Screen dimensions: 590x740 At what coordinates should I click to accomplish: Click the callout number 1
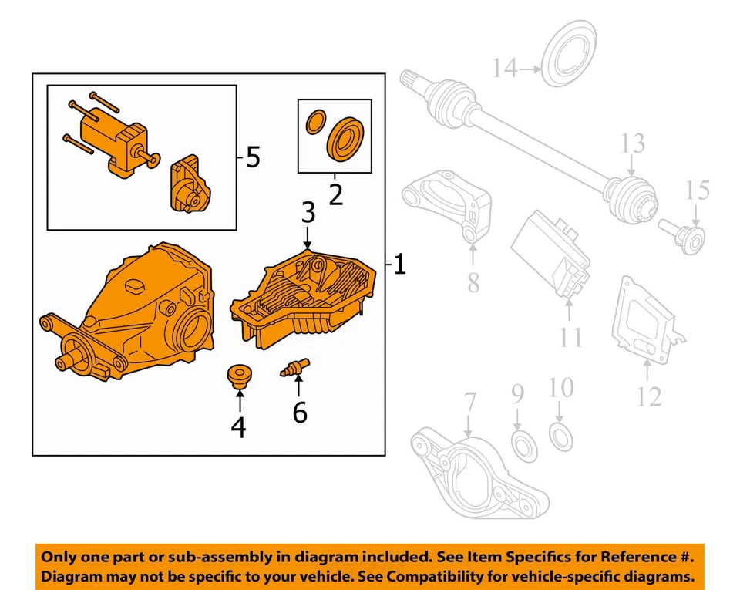pyautogui.click(x=399, y=266)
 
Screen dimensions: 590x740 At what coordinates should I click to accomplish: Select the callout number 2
pyautogui.click(x=335, y=194)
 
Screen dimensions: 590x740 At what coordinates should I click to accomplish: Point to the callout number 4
pyautogui.click(x=239, y=426)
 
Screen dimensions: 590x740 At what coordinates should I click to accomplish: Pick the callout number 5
pyautogui.click(x=253, y=159)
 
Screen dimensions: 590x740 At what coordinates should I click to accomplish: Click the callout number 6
pyautogui.click(x=300, y=413)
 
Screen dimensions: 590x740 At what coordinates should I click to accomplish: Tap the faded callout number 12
pyautogui.click(x=649, y=396)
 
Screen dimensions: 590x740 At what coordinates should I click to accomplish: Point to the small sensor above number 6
pyautogui.click(x=294, y=367)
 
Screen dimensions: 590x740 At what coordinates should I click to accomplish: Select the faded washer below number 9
pyautogui.click(x=524, y=447)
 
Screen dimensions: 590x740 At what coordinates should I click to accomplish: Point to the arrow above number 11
pyautogui.click(x=569, y=309)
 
